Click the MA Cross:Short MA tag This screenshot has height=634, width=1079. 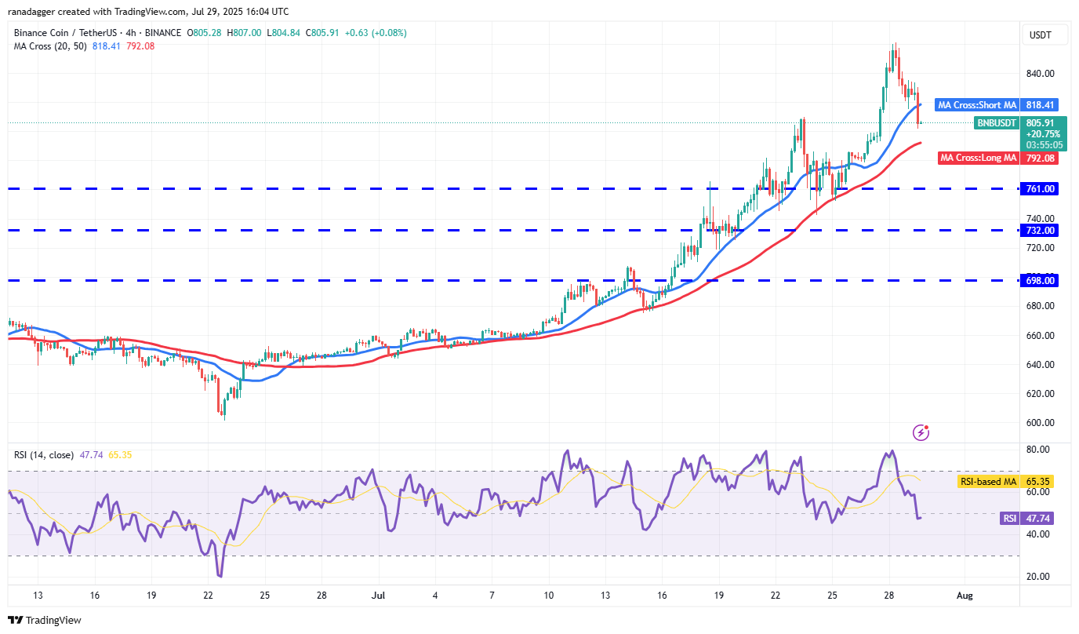(977, 104)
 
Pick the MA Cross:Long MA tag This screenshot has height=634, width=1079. (979, 158)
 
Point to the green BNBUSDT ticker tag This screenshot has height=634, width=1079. (996, 123)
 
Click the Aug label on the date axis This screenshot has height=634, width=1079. (965, 596)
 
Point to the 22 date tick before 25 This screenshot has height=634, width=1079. (208, 596)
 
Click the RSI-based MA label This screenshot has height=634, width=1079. (986, 481)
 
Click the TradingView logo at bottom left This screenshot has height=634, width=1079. (45, 620)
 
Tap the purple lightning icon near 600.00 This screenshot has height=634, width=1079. (921, 432)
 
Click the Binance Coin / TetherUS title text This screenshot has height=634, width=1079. (67, 33)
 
